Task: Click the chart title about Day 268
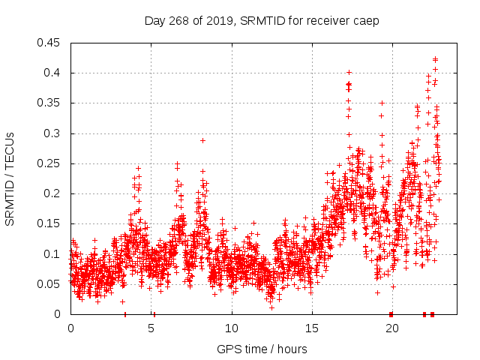pos(262,20)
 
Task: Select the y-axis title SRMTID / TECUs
pos(10,178)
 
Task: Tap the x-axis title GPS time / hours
pos(262,349)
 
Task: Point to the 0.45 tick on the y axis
pos(49,43)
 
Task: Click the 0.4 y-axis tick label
pos(55,73)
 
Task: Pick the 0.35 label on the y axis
pos(49,103)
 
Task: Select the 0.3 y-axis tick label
pos(55,133)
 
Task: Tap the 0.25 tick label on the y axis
pos(49,163)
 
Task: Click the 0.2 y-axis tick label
pos(55,193)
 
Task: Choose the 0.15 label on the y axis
pos(49,223)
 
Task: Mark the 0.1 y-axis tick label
pos(55,254)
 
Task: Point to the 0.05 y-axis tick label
pos(49,284)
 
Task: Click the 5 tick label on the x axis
pos(151,328)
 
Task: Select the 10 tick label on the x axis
pos(231,328)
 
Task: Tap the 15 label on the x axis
pos(311,328)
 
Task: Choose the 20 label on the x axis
pos(391,328)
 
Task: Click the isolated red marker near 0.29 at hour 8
pos(202,140)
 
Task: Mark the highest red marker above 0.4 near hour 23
pos(435,58)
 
